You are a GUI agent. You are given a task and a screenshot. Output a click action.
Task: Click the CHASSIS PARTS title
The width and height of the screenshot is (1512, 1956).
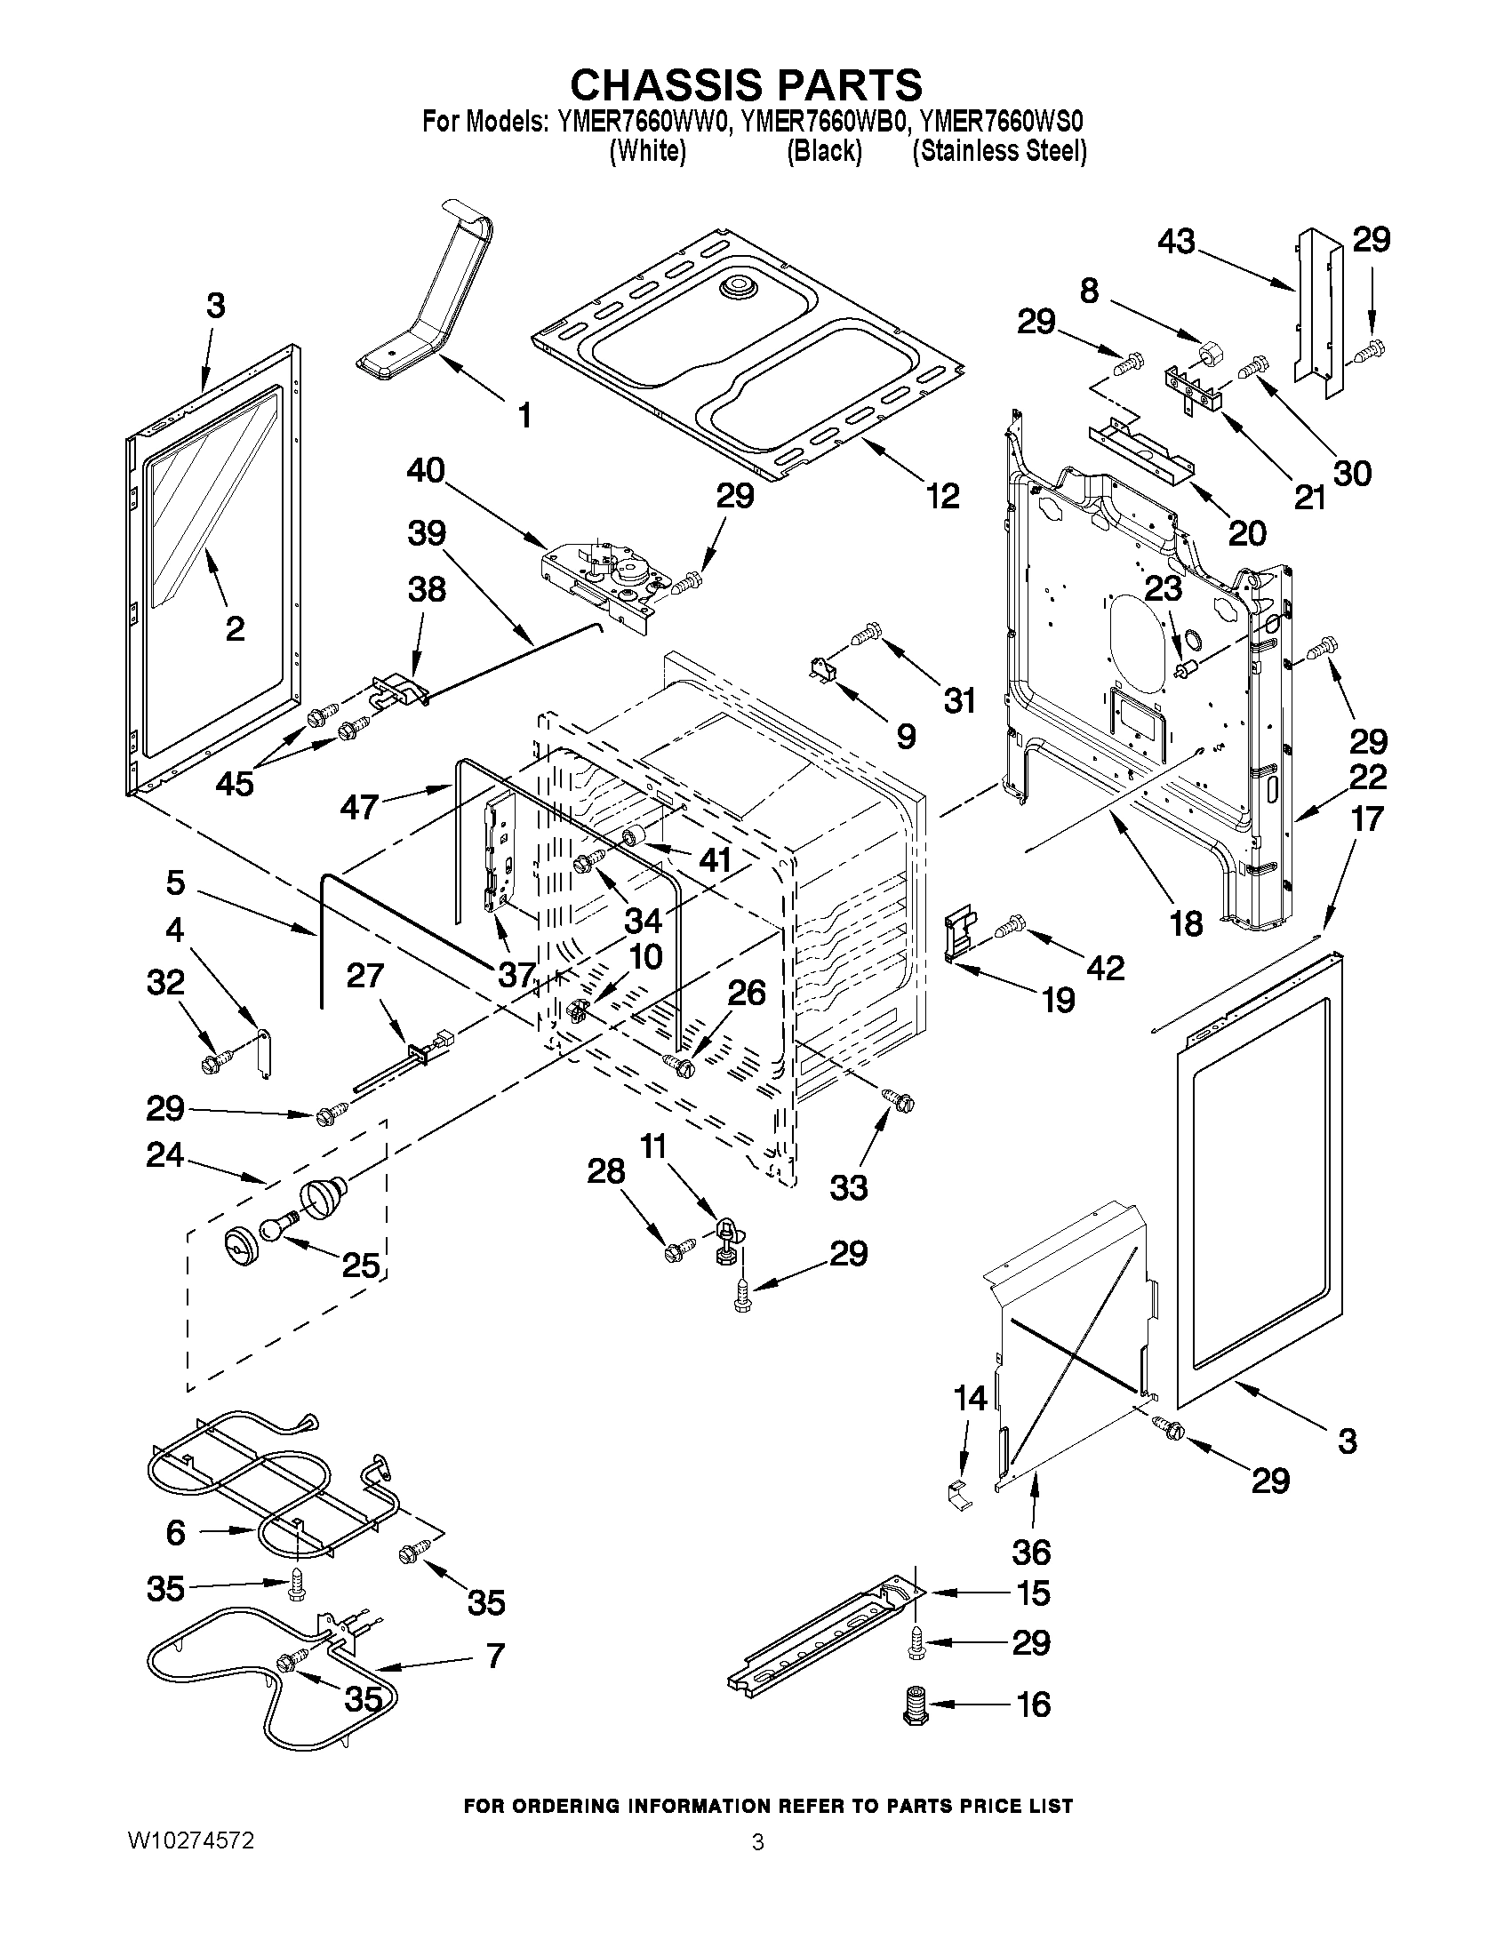tap(746, 84)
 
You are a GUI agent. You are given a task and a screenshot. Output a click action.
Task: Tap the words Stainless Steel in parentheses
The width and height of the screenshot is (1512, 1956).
tap(999, 151)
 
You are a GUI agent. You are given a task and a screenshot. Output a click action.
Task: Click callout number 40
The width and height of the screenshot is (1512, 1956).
tap(426, 470)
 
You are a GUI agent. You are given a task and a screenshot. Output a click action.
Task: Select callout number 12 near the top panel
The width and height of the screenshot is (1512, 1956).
tap(942, 495)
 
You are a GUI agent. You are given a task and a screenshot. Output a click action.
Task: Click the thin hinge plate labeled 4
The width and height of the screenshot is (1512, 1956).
tap(262, 1054)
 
